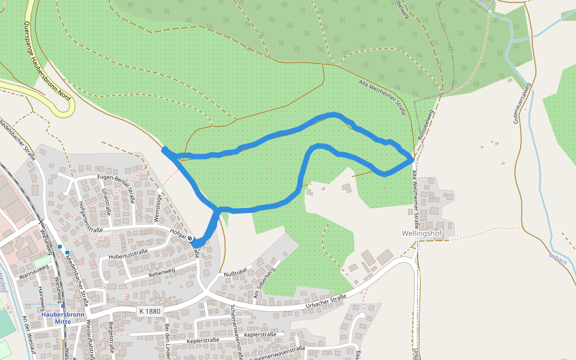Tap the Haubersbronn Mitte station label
coord(63,317)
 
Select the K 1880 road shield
coord(149,311)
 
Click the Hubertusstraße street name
coord(128,256)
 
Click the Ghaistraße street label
coord(106,202)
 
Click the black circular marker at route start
coord(190,239)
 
